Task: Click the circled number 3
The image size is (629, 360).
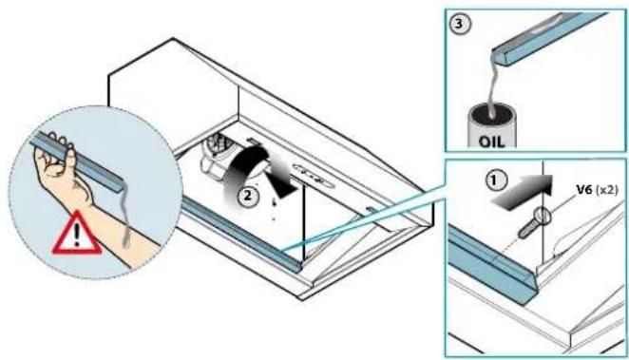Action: [459, 24]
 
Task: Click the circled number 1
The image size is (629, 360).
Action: [496, 180]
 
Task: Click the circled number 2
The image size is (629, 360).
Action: [248, 196]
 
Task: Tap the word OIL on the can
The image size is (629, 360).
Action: [491, 142]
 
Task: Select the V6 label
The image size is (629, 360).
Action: [584, 190]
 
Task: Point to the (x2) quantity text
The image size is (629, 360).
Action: [606, 190]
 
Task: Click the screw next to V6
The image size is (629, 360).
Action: [534, 223]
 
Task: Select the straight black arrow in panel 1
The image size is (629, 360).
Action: [522, 193]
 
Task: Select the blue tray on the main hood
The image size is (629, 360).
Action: [240, 235]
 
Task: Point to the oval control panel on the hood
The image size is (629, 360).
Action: [314, 175]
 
